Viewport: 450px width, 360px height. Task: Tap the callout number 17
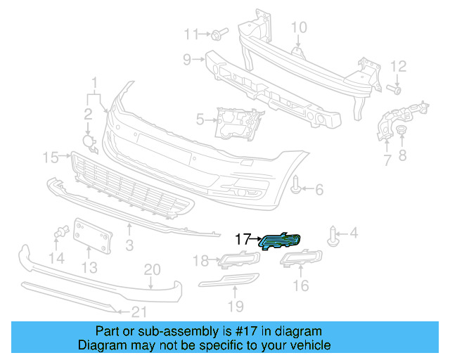(242, 239)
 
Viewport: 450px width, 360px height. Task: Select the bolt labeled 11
(218, 34)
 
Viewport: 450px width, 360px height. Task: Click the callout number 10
(299, 27)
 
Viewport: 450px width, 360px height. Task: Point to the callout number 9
(188, 60)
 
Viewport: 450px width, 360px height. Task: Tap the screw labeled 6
(298, 186)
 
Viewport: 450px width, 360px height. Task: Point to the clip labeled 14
(60, 233)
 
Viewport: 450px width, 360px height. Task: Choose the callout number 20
(152, 269)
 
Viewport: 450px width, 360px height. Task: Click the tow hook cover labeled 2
(89, 143)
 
